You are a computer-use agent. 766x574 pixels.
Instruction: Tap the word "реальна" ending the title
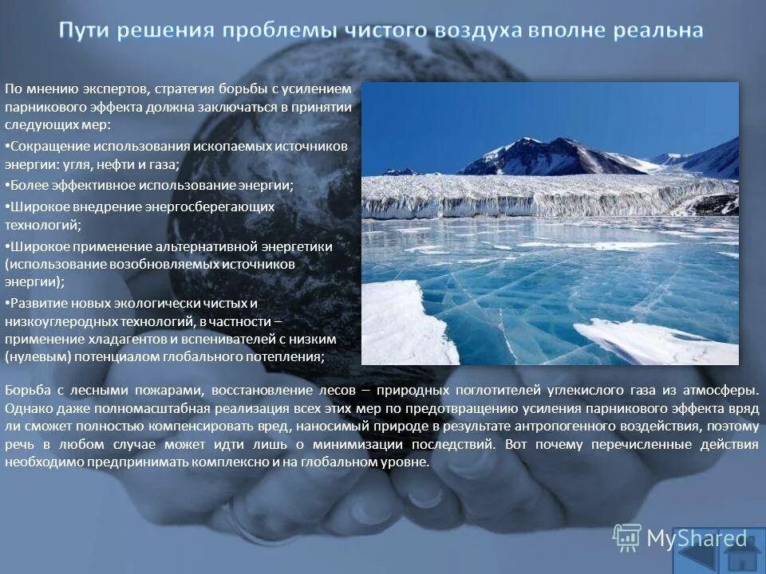pos(659,31)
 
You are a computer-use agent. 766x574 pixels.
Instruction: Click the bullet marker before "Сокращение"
pos(7,147)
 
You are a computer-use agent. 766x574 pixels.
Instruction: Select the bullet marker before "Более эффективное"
pos(7,185)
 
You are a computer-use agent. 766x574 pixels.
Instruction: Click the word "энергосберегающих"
pos(209,206)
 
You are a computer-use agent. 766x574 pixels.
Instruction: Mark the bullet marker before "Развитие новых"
pos(7,304)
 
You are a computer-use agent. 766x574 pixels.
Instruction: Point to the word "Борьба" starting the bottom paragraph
pos(26,391)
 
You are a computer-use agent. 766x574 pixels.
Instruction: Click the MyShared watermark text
pos(696,540)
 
